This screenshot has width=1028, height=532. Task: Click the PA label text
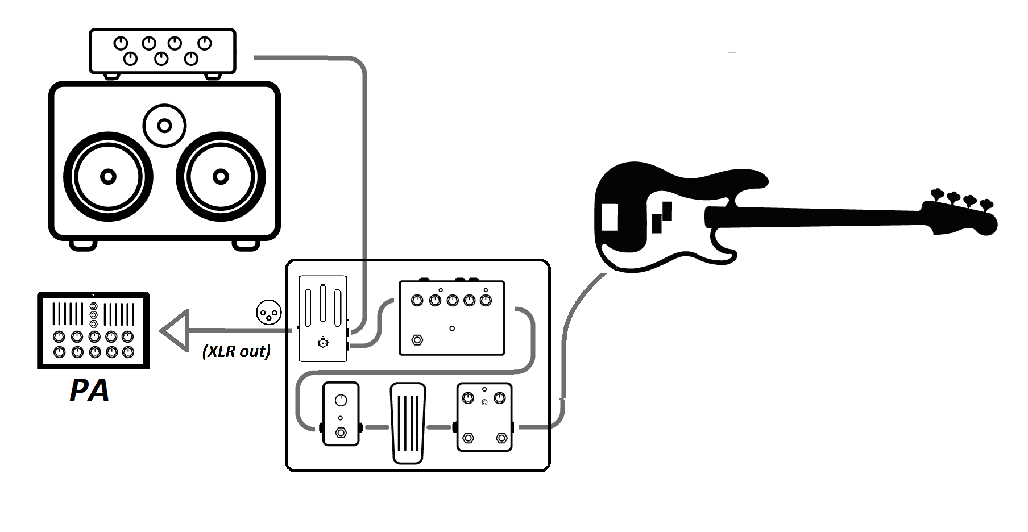click(x=89, y=390)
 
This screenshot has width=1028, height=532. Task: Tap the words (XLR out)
click(x=237, y=351)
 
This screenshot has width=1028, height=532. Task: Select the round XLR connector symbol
click(x=269, y=312)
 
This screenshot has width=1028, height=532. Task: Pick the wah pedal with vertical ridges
click(x=408, y=423)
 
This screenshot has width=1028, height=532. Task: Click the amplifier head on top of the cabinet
click(x=163, y=52)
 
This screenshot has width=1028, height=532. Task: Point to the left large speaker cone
click(x=108, y=177)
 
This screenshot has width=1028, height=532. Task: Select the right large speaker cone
click(x=221, y=177)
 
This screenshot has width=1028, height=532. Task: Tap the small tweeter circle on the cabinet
click(x=165, y=126)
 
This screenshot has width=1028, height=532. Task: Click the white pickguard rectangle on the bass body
click(x=610, y=217)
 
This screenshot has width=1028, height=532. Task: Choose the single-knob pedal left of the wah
click(x=341, y=414)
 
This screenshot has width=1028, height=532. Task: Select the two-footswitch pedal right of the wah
click(x=484, y=417)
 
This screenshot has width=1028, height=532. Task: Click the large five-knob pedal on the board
click(x=452, y=317)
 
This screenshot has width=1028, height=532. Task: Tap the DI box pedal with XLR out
click(x=323, y=319)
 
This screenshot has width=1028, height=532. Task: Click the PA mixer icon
click(x=93, y=330)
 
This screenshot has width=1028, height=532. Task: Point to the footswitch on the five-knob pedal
click(x=417, y=340)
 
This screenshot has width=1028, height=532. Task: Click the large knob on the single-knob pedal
click(x=341, y=400)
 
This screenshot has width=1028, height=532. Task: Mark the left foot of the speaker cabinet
click(x=83, y=244)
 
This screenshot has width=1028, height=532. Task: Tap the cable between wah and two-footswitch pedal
click(x=440, y=427)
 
